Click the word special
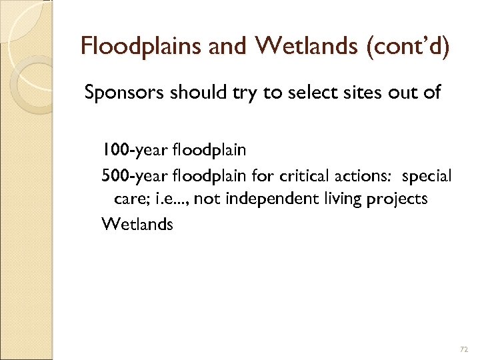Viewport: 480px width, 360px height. (427, 176)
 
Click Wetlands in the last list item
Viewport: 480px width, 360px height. (137, 224)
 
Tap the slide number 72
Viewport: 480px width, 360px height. (464, 349)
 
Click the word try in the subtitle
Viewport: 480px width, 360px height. (235, 92)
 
